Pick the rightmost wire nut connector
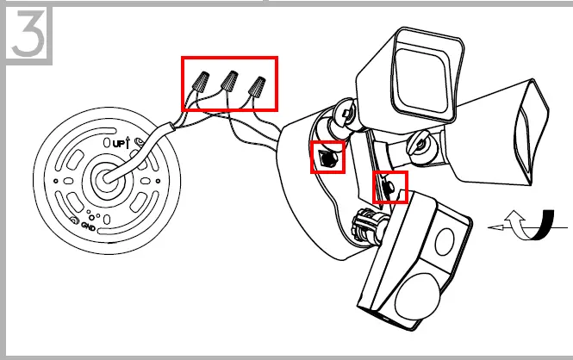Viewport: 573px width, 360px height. [x=256, y=86]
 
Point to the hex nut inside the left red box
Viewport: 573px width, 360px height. [x=327, y=158]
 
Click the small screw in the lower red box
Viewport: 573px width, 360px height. [x=389, y=185]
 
